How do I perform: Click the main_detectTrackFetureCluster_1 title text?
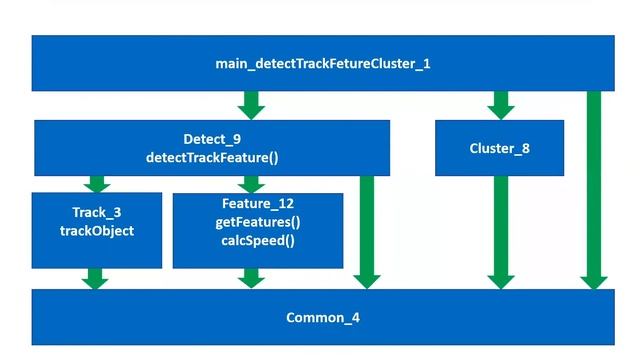[322, 63]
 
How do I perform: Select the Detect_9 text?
[211, 139]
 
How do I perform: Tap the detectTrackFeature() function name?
[211, 158]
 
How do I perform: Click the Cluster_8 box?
[499, 148]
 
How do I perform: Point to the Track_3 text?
[97, 213]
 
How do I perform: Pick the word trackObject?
[97, 231]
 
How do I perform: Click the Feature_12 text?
[257, 204]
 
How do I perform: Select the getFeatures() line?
[257, 222]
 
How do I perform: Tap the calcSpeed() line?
[257, 241]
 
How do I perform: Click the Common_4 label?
[322, 318]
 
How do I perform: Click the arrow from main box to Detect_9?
[252, 105]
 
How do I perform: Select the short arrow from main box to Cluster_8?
[500, 105]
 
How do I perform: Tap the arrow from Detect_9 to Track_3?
[96, 184]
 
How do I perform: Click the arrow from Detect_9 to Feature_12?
[252, 184]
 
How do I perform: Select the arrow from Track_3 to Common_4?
[95, 278]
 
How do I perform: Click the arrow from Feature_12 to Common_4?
[252, 278]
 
